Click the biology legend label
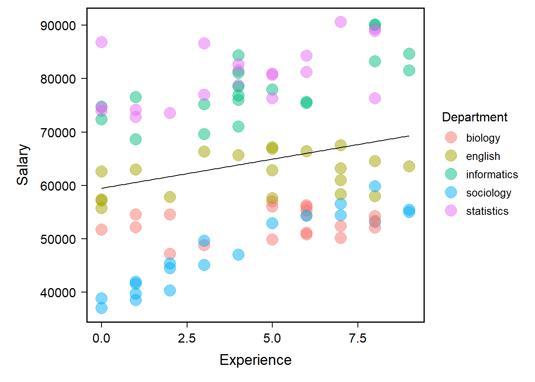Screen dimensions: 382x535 click(483, 138)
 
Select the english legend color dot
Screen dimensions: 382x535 click(451, 156)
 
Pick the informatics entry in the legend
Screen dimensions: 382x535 click(492, 174)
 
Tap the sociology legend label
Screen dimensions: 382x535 click(488, 193)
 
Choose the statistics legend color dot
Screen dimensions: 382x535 click(451, 211)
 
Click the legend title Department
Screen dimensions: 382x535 click(474, 117)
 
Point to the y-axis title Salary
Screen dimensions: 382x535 click(23, 164)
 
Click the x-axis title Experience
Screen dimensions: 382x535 click(256, 360)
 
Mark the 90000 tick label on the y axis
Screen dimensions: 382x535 click(58, 25)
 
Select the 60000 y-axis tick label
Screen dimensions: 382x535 click(58, 186)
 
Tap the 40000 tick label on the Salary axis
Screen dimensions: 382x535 click(58, 293)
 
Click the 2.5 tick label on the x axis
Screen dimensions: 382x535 click(187, 338)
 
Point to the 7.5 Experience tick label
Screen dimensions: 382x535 click(357, 338)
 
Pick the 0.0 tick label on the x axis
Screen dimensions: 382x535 click(102, 338)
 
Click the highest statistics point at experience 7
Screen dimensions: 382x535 click(341, 22)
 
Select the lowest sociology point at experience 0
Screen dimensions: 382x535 click(102, 308)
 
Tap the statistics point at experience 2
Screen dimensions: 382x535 click(170, 113)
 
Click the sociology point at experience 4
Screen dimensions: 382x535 click(238, 255)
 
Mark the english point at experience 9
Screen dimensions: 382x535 click(409, 166)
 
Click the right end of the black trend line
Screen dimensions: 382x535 click(409, 136)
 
